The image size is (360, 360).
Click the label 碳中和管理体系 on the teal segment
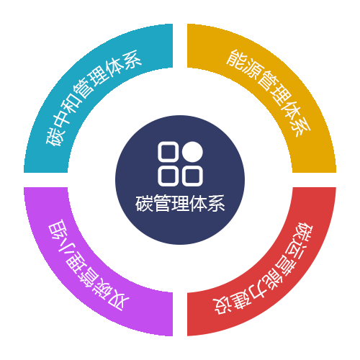94,98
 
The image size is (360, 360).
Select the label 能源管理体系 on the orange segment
269,93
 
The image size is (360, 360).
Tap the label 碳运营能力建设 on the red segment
264,269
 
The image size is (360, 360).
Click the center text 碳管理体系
180,203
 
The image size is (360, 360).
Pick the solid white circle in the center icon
192,152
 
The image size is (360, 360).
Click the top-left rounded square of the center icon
168,152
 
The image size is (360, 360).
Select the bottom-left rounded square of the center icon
168,176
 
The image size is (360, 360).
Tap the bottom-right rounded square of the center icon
192,176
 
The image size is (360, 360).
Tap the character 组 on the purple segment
58,230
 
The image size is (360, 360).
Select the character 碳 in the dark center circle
144,203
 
